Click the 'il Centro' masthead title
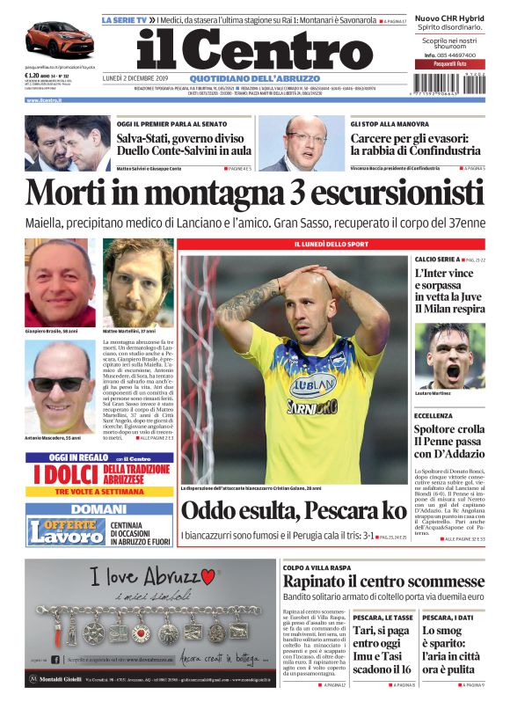[255, 51]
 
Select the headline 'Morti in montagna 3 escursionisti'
[254, 193]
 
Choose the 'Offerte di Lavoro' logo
[66, 531]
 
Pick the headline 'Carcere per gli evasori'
[415, 144]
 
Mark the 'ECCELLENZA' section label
[433, 415]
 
